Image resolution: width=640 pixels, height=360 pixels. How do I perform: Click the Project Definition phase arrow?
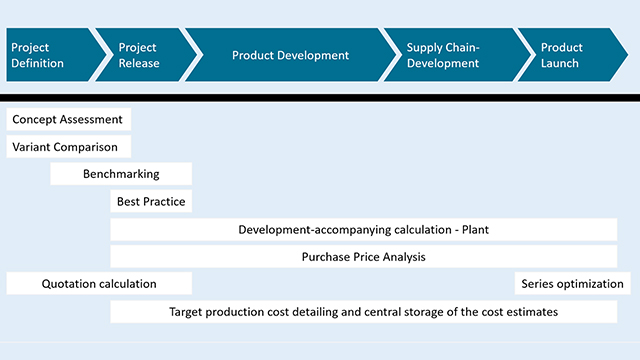[45, 55]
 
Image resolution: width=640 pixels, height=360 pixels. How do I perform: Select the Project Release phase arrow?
[140, 55]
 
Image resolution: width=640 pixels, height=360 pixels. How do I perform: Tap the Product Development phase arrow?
[290, 55]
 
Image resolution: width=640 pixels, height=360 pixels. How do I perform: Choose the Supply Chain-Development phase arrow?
[445, 55]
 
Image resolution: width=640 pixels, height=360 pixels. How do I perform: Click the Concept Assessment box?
[68, 119]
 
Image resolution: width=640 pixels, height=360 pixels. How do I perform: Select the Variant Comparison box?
[68, 147]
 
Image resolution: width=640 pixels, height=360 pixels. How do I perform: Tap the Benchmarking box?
[121, 174]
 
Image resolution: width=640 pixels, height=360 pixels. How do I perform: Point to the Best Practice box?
[151, 201]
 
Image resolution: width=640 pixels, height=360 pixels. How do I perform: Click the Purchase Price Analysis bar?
[363, 257]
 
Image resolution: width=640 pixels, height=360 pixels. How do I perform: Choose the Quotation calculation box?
[99, 283]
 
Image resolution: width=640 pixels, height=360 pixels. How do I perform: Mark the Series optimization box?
[572, 283]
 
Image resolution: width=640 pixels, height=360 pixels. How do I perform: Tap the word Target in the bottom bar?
[188, 312]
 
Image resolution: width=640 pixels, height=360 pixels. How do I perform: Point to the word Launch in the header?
[560, 63]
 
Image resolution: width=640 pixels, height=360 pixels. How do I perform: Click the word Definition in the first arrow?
[38, 63]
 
